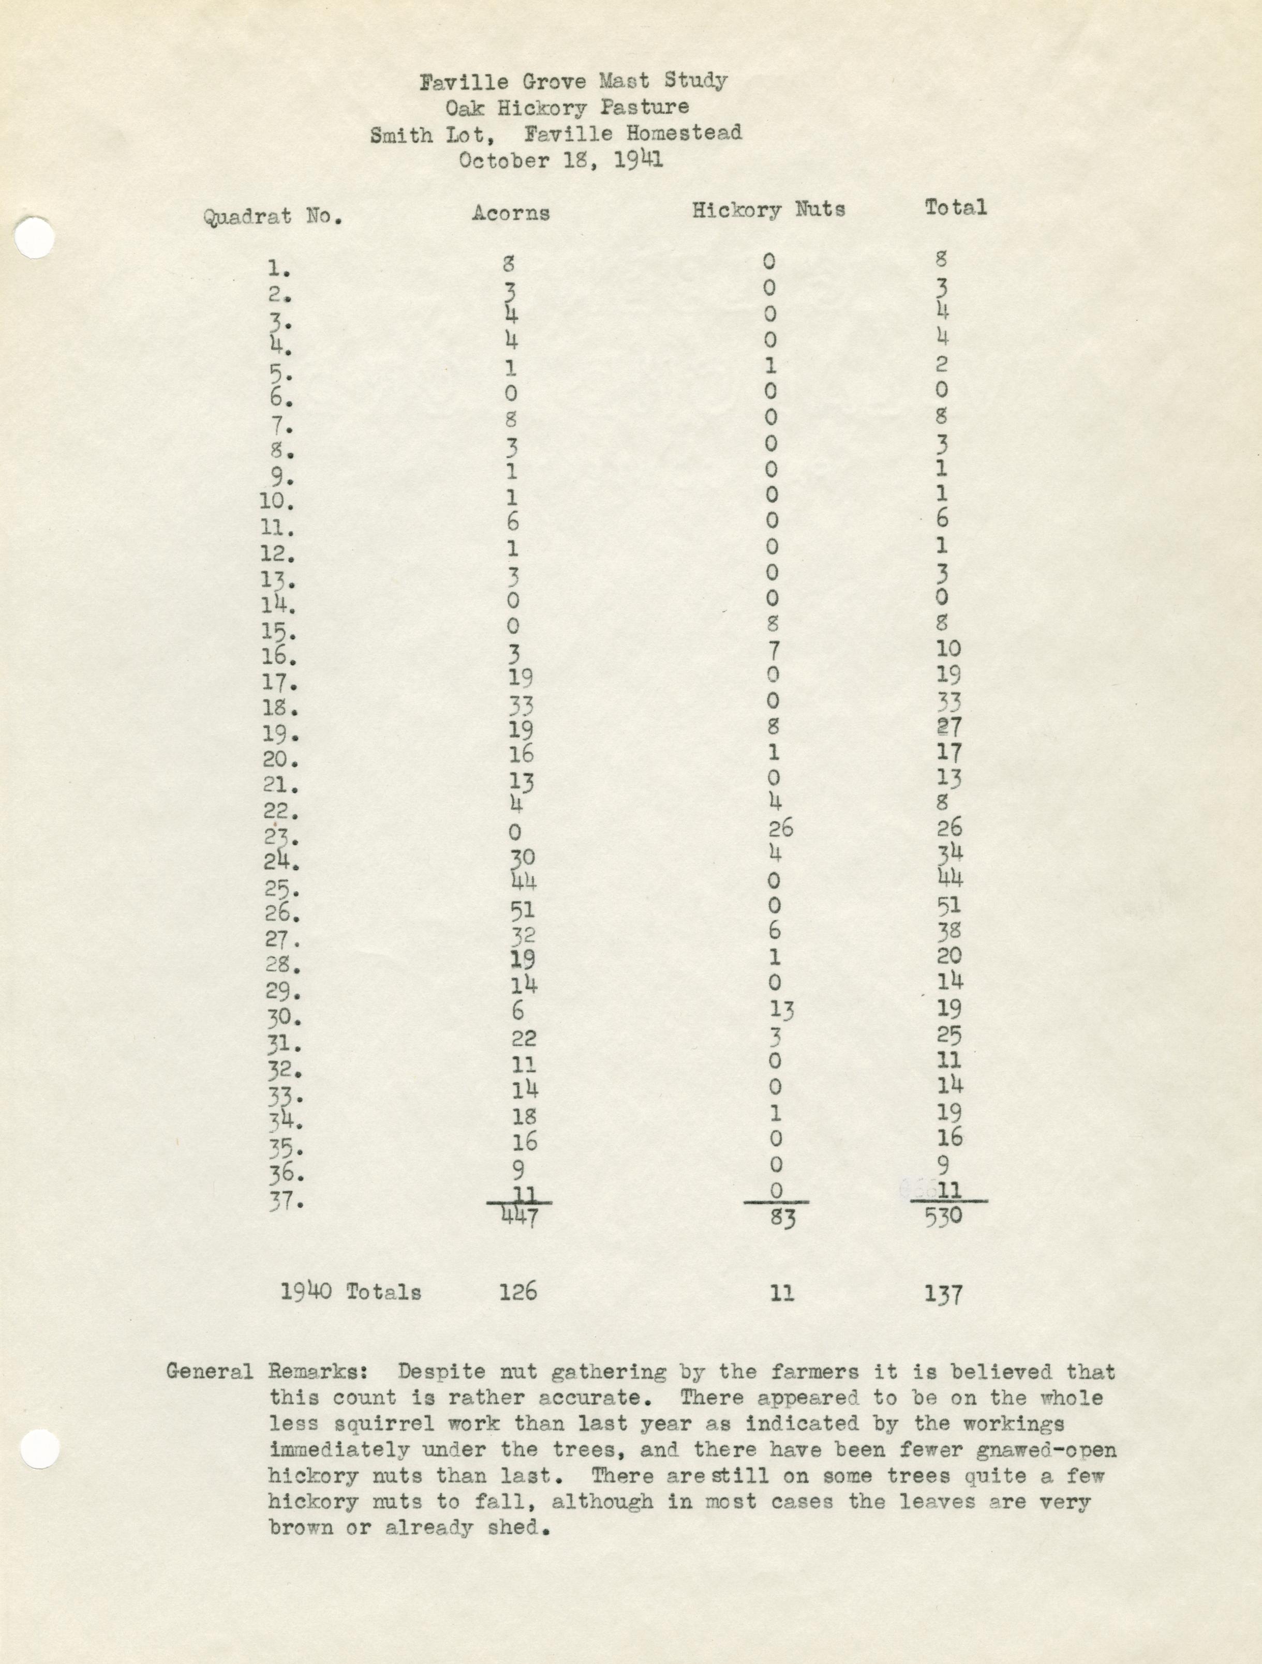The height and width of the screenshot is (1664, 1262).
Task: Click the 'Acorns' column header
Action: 511,213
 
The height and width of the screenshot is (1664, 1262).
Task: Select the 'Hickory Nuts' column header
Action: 768,210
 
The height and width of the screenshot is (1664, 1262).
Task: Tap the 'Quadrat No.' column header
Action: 272,217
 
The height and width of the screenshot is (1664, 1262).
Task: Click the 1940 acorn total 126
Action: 518,1292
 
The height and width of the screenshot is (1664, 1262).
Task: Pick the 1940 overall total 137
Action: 944,1294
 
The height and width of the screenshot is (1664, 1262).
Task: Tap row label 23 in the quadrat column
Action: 282,836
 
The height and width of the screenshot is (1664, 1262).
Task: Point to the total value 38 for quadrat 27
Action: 949,931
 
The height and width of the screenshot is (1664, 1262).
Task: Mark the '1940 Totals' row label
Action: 351,1292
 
